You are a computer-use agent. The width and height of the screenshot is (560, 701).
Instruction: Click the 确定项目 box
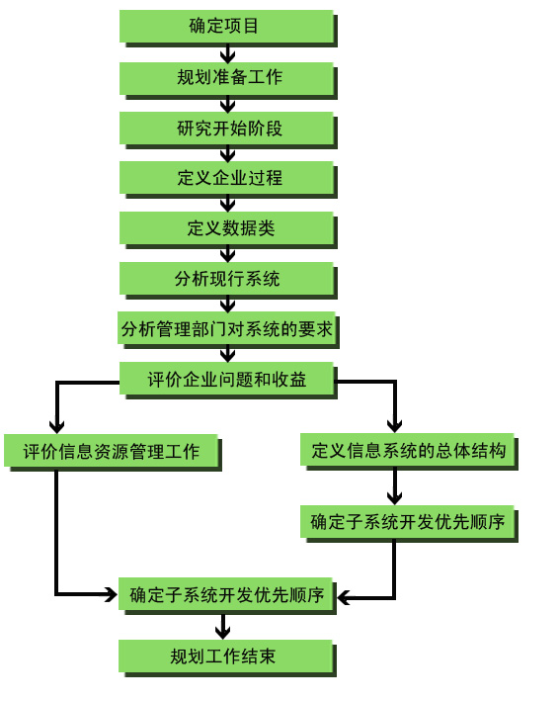(228, 28)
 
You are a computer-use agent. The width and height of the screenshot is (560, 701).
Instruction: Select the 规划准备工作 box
(228, 79)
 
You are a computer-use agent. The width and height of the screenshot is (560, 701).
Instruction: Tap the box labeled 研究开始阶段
(228, 130)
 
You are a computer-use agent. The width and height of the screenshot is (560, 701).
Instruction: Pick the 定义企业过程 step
(228, 179)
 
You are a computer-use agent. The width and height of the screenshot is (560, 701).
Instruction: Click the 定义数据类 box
(228, 229)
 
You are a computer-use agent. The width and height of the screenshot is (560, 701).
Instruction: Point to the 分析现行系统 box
(228, 280)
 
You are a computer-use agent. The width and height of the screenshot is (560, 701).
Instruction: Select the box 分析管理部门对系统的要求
(228, 330)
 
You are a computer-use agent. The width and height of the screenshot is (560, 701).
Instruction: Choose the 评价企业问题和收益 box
(228, 380)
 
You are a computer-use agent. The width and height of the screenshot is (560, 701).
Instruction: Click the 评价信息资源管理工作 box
(113, 453)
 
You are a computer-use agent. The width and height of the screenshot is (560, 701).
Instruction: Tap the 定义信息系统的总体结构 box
(409, 452)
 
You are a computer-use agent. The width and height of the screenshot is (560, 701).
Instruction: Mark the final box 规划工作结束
(227, 658)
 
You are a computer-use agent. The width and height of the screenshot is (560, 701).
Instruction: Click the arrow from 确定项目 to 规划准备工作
(228, 54)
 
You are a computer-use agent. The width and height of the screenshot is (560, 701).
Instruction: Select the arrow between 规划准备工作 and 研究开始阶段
(228, 106)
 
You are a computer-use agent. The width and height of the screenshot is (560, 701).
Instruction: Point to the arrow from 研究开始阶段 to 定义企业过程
(228, 155)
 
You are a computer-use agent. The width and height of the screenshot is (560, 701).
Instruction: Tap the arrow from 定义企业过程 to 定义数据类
(228, 206)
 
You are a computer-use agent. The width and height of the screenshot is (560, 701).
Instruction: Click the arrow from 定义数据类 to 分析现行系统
(228, 255)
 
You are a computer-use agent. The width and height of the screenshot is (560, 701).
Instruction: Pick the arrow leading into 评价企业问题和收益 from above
(228, 355)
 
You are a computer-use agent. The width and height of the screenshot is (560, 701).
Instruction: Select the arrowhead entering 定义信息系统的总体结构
(394, 426)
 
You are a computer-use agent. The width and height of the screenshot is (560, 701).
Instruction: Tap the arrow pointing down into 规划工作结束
(222, 627)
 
